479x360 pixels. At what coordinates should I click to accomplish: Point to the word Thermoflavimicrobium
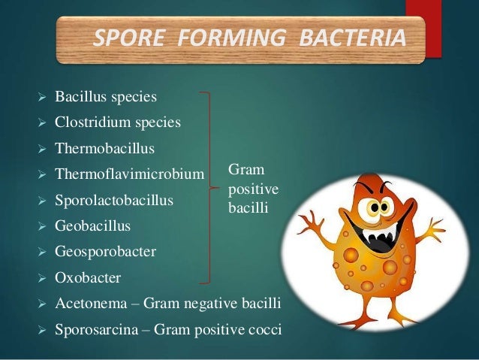[129, 174]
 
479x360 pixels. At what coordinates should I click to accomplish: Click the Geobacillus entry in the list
[92, 225]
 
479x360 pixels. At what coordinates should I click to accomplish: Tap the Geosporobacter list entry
[105, 252]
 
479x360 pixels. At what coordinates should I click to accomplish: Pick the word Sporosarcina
[91, 329]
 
